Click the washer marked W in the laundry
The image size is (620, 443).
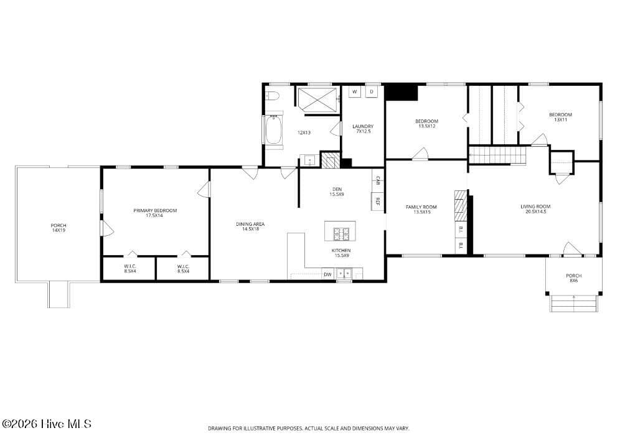pos(355,91)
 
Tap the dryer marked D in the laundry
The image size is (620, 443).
pos(372,91)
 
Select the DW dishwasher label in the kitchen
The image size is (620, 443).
pos(328,274)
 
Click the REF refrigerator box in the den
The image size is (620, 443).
pos(377,201)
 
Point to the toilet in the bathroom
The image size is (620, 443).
pos(273,95)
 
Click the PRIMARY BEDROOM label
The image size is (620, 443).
pos(155,211)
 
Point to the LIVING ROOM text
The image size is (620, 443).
pos(535,207)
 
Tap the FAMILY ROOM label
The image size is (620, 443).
pos(421,207)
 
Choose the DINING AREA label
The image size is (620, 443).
pos(250,224)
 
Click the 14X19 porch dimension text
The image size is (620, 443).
pos(59,230)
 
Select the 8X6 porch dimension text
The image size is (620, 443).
pos(574,281)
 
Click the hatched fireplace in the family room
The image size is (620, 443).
pos(461,207)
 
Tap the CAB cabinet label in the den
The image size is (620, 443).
pos(378,181)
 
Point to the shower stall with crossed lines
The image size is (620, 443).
pos(317,100)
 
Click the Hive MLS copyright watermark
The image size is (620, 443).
pos(47,424)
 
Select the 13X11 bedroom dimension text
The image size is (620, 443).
pos(560,119)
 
